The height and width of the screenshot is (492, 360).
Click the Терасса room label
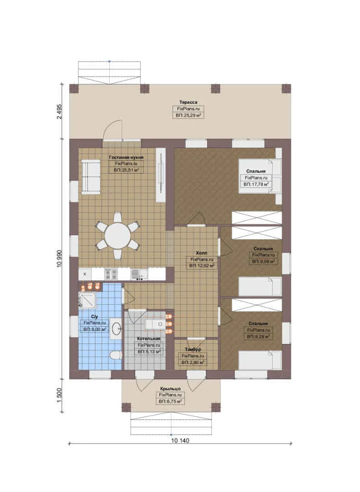coord(188,102)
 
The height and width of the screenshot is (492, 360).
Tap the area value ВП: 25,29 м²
coord(188,115)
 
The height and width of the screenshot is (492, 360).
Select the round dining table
coord(117,236)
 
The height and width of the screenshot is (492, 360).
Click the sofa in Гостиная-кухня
coord(91,177)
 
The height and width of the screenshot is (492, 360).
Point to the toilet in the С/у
coord(116,355)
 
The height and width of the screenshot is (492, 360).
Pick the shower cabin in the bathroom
coord(87,300)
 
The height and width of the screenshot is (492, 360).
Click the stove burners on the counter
coord(111,274)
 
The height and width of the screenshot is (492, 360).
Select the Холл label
coord(201,253)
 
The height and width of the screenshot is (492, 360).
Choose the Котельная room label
coord(149,338)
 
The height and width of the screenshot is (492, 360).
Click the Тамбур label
coord(193,349)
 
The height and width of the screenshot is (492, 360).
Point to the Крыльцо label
coord(170,389)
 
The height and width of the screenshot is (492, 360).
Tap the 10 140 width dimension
coord(180,441)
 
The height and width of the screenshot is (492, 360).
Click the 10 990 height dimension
coord(60,259)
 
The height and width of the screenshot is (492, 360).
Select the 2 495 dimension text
coord(60,112)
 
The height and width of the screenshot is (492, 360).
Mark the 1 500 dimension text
coord(60,396)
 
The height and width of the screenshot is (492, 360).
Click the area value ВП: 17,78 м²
coord(256,184)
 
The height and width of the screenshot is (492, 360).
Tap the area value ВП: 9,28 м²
coord(259,336)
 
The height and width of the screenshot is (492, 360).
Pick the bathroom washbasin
coord(117,328)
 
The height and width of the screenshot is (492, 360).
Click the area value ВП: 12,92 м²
coord(202,266)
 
